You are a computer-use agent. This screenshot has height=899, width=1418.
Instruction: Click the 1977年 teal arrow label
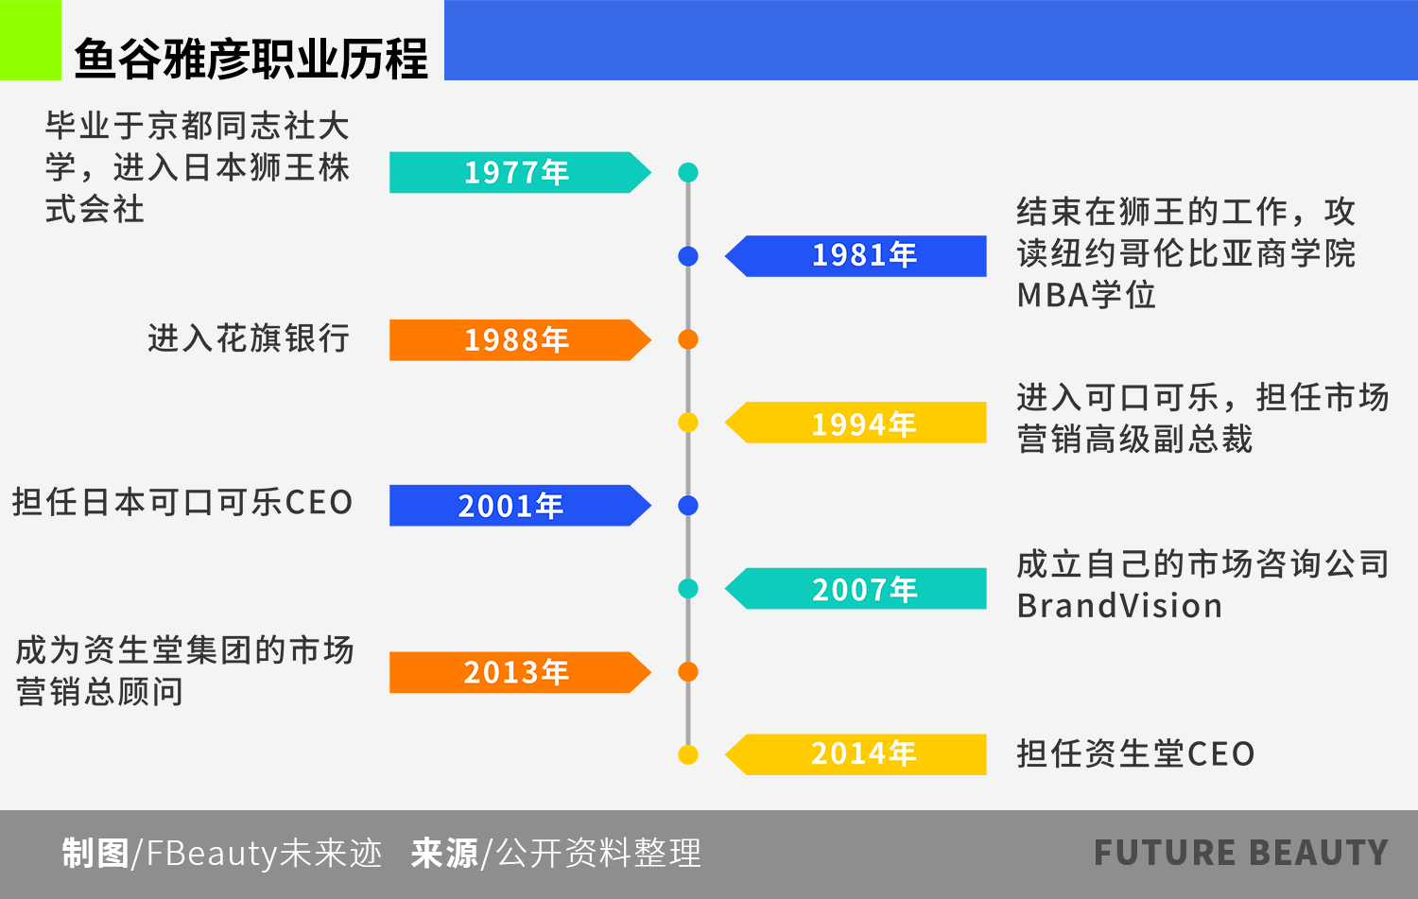520,172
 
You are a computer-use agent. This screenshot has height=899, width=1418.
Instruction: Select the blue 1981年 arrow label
856,256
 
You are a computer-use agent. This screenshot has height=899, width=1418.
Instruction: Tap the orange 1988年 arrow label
520,340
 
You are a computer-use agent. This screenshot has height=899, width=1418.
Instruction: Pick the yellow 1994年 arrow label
856,423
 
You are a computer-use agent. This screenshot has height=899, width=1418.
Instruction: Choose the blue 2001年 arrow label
520,505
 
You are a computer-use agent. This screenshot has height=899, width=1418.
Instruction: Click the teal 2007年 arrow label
856,588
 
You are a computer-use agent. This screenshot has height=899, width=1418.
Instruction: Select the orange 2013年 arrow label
520,672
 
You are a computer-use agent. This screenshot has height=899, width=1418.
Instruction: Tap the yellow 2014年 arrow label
856,754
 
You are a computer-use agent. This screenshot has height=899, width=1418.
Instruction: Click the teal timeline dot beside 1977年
688,172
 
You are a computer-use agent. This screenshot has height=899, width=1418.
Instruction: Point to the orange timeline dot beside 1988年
688,339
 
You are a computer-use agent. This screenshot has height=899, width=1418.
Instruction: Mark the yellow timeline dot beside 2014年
688,754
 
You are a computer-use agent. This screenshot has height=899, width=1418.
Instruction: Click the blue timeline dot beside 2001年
688,505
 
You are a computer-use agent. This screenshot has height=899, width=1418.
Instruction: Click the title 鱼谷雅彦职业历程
251,59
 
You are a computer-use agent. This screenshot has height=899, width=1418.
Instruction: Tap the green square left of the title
30,40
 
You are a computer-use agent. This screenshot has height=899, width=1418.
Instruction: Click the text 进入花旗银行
249,337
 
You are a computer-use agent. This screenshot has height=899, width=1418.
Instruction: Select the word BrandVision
1119,606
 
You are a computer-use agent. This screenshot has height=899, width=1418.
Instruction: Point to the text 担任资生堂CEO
1135,753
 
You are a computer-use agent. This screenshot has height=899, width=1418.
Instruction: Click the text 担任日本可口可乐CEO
182,502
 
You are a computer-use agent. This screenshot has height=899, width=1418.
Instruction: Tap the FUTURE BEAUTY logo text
1241,852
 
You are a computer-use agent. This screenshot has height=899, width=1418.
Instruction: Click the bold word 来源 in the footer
444,853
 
